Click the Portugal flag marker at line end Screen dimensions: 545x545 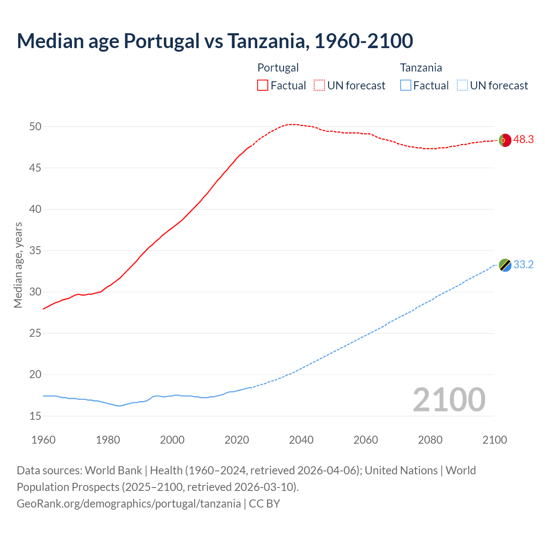tap(505, 140)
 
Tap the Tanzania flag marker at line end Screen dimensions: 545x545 tap(505, 265)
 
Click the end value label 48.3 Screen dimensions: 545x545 tap(523, 140)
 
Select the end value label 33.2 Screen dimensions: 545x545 tap(523, 265)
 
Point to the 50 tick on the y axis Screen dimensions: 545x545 tap(35, 126)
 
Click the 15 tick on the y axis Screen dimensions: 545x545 tap(35, 416)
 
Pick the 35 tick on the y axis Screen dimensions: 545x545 tap(35, 250)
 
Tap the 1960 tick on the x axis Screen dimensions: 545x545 tap(43, 440)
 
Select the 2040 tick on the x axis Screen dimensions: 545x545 tap(301, 440)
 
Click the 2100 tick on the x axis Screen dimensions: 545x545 tap(494, 440)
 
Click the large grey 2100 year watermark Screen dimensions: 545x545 tap(449, 399)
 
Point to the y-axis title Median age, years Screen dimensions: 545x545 tap(18, 265)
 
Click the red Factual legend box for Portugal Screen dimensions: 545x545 tap(263, 85)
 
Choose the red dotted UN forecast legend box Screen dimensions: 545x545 tap(319, 85)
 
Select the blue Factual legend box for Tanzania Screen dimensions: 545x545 tap(406, 85)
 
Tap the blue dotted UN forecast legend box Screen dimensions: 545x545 tap(462, 85)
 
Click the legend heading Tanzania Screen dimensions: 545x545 tap(421, 68)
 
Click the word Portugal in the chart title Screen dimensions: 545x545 tap(161, 41)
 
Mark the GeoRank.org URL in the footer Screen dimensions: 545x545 tap(129, 504)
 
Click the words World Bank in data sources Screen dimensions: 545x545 tap(113, 470)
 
